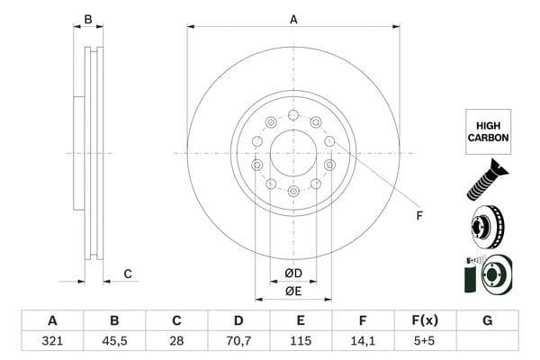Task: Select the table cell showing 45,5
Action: (114, 342)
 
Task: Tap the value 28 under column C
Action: (176, 342)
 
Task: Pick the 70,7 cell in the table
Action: (238, 342)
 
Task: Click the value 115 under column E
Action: (301, 342)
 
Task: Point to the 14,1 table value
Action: (363, 342)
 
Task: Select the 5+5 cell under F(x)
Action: (425, 342)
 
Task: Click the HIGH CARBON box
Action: (488, 132)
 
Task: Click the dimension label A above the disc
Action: (293, 19)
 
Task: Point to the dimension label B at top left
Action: (88, 19)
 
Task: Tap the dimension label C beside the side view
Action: (128, 274)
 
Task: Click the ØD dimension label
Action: (293, 273)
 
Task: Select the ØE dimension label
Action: (293, 291)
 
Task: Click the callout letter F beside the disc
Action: (418, 215)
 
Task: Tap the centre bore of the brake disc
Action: (293, 153)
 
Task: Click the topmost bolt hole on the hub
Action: (293, 115)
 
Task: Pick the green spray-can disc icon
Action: (486, 273)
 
